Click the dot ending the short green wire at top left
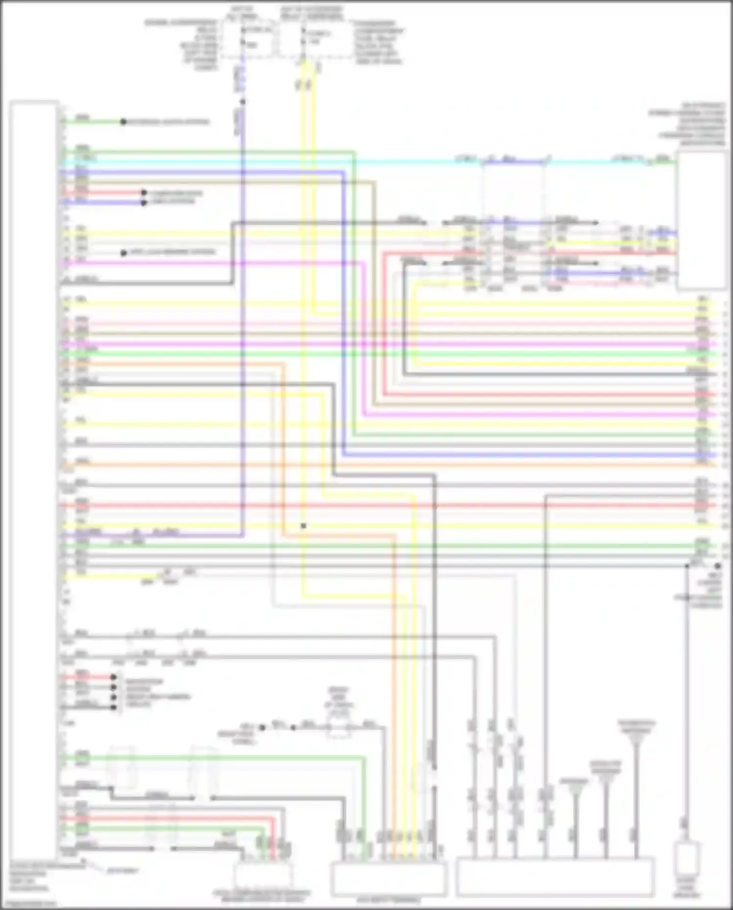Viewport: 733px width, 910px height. pyautogui.click(x=123, y=122)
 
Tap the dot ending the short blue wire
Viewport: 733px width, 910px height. pyautogui.click(x=144, y=202)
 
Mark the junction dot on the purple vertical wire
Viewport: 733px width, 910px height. pyautogui.click(x=243, y=102)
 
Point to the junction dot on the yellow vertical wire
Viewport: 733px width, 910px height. pyautogui.click(x=303, y=526)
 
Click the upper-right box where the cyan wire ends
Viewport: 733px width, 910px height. pyautogui.click(x=701, y=220)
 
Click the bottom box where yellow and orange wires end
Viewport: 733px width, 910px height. pyautogui.click(x=389, y=878)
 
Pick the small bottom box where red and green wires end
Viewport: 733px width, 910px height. pyautogui.click(x=264, y=875)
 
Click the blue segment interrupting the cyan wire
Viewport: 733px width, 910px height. pyautogui.click(x=513, y=162)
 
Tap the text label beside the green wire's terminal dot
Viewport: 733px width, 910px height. pyautogui.click(x=169, y=122)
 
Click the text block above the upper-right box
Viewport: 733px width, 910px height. pyautogui.click(x=687, y=125)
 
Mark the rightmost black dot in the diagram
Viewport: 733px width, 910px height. pyautogui.click(x=717, y=566)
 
